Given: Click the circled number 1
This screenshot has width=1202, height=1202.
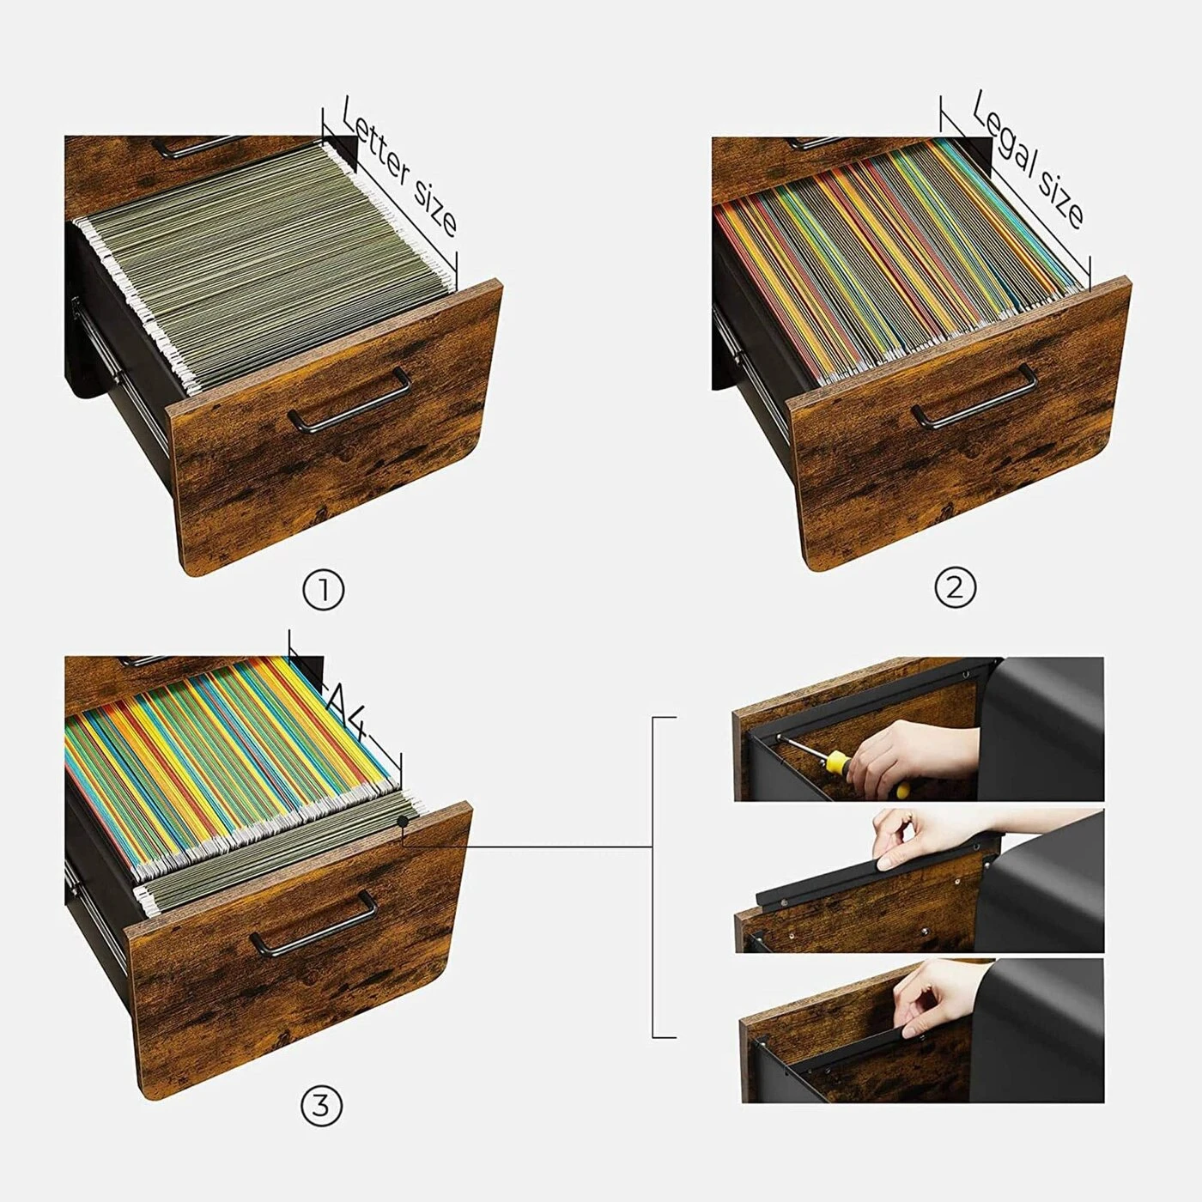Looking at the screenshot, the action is (323, 592).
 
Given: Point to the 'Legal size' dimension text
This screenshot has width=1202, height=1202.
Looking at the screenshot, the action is (1029, 159).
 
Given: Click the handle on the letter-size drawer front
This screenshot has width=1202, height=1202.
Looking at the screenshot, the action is (349, 400).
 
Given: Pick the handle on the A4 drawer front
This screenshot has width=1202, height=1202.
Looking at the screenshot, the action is (313, 924).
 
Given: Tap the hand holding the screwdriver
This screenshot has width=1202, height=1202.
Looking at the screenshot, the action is (912, 756).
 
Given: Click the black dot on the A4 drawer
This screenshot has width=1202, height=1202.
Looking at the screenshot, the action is (403, 822).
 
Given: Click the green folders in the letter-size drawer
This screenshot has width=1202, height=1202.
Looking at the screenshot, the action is (268, 262).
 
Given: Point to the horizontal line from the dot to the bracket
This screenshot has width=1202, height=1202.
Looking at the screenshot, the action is (528, 847).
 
